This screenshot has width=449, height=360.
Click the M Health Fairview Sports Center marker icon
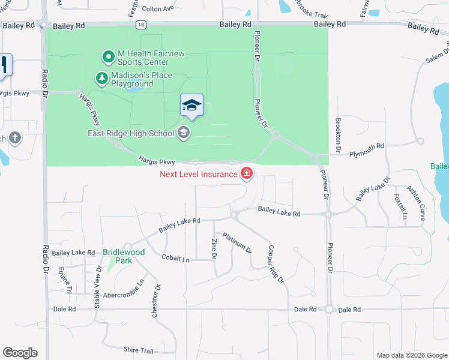coord(109,57)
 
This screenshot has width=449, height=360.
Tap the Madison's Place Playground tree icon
coord(102,79)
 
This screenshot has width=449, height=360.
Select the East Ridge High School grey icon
coord(184,133)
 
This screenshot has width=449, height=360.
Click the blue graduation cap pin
coord(192,106)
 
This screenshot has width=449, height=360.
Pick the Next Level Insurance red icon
coord(246,174)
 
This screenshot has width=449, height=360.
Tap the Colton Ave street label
coord(158,8)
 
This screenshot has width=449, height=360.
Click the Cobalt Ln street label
coord(175,259)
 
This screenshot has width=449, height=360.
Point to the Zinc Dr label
coord(213,249)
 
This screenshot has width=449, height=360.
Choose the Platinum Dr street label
coord(237,242)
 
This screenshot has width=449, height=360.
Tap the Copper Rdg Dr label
coord(276,263)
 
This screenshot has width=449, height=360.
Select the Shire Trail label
coord(139,350)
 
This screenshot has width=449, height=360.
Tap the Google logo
coord(20,353)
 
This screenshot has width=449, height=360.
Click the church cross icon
coord(15,139)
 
